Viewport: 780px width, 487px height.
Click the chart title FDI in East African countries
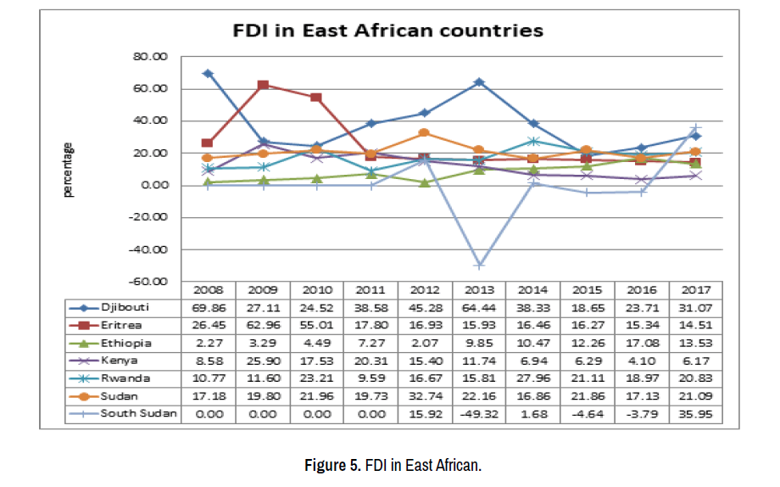(x=388, y=31)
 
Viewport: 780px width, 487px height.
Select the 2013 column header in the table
(x=479, y=290)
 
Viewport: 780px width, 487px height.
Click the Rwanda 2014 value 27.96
(x=533, y=378)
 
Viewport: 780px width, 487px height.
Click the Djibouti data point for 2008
(x=208, y=74)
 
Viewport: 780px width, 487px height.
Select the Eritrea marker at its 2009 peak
(x=263, y=85)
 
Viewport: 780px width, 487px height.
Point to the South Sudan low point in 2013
(x=479, y=265)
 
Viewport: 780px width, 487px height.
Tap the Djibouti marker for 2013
(x=479, y=82)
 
